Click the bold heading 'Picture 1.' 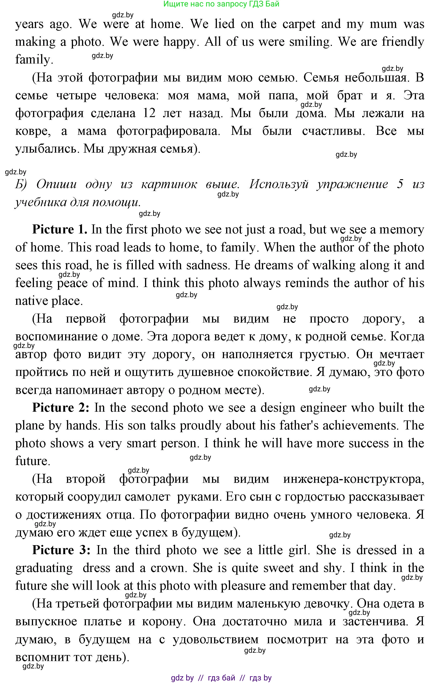click(x=60, y=229)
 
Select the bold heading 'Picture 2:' click(x=61, y=408)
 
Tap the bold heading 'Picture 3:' click(x=61, y=550)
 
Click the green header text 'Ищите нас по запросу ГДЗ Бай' click(x=221, y=4)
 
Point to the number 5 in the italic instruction click(x=400, y=184)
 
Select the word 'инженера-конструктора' click(x=353, y=479)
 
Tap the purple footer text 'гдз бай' click(x=221, y=678)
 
